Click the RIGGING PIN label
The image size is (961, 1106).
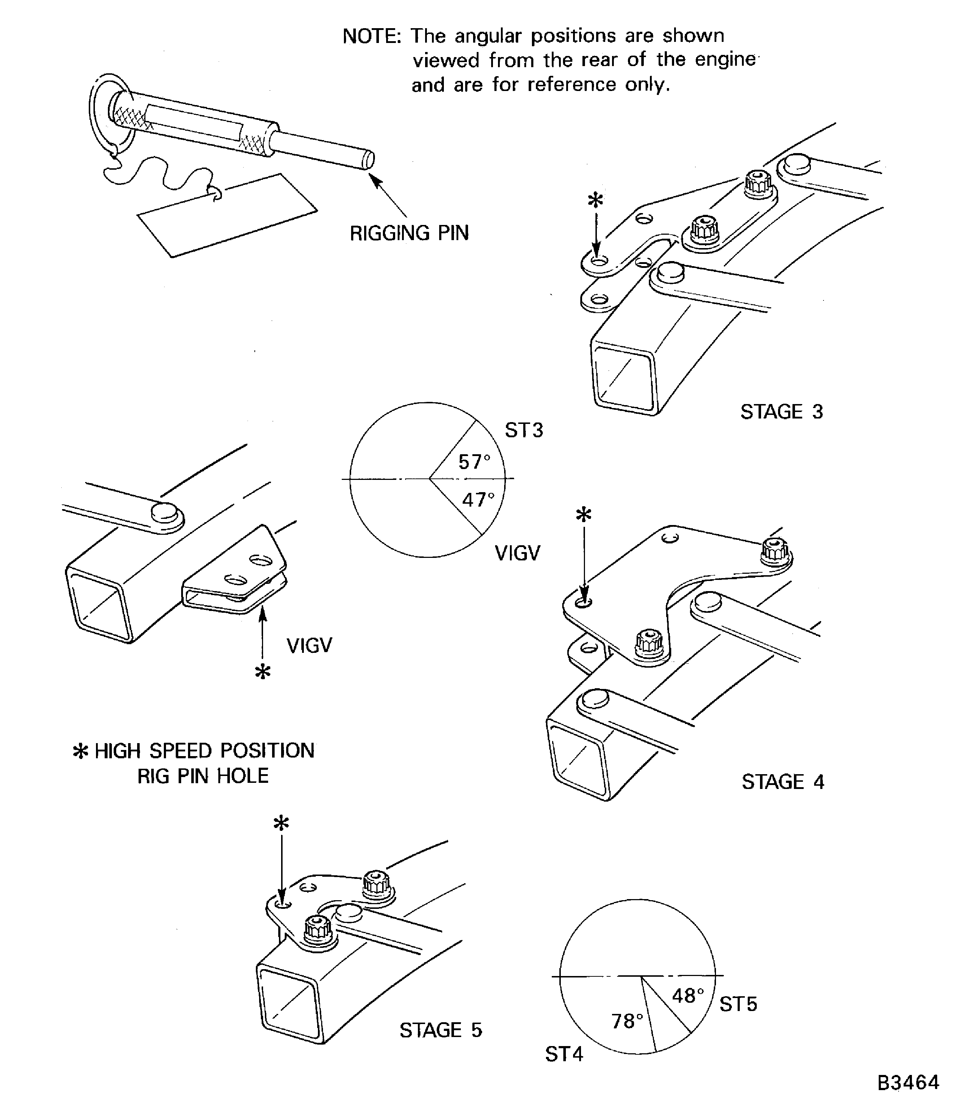pos(409,233)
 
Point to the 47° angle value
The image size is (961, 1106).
pos(478,500)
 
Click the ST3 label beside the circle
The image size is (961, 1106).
pos(524,430)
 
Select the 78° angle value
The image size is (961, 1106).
pos(627,1021)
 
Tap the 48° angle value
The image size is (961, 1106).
pos(687,996)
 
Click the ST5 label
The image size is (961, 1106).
pos(738,1004)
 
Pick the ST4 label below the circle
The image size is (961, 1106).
pos(564,1054)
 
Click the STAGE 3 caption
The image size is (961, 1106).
pos(781,412)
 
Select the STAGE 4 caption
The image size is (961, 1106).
pos(782,782)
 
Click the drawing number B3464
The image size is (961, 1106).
pos(908,1083)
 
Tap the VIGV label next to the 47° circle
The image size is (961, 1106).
pos(517,553)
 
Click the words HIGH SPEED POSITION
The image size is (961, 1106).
pos(204,751)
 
